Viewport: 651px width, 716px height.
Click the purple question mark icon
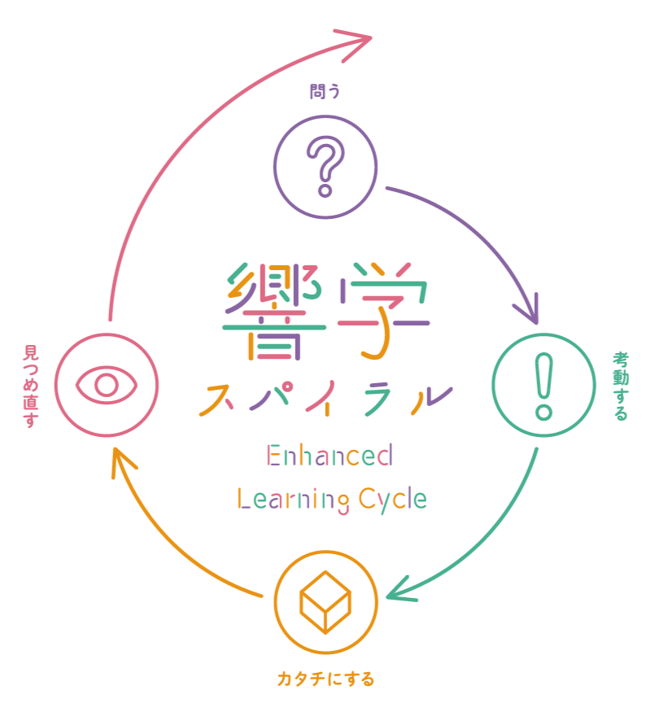(325, 167)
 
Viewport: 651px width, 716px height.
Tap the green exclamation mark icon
(544, 386)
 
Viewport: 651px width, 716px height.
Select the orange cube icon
(325, 603)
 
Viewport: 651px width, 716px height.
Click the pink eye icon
(107, 385)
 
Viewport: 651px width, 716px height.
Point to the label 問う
(325, 91)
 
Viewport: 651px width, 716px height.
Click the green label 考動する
(620, 386)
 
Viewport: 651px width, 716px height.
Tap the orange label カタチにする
(325, 678)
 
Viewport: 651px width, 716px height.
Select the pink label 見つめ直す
(31, 386)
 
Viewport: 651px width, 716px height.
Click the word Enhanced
(330, 456)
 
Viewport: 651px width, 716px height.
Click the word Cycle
(396, 499)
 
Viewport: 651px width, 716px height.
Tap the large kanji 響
(274, 312)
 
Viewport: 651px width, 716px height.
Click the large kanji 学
(383, 312)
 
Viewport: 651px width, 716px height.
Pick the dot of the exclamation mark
(544, 412)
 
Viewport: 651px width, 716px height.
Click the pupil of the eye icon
(107, 385)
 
